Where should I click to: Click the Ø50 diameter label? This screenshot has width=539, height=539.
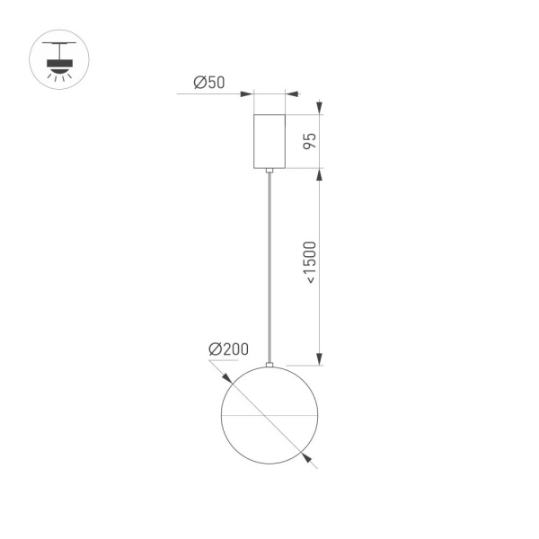[208, 84]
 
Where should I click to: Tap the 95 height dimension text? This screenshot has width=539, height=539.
[308, 141]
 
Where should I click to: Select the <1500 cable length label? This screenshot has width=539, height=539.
[309, 263]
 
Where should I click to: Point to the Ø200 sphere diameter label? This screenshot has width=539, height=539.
[228, 349]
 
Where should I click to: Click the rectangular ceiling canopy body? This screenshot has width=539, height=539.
[269, 141]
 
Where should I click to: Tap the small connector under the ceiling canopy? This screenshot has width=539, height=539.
[269, 170]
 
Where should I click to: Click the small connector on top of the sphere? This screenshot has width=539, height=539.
[269, 365]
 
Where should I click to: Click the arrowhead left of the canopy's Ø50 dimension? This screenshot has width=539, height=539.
[248, 93]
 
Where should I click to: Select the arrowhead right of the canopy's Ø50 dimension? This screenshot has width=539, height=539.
[291, 93]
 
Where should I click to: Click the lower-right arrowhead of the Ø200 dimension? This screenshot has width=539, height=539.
[309, 460]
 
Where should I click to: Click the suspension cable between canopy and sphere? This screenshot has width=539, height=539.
[269, 269]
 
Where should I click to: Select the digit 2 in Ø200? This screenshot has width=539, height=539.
[223, 349]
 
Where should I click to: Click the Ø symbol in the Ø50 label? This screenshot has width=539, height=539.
[199, 84]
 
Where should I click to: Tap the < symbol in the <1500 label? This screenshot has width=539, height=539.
[309, 280]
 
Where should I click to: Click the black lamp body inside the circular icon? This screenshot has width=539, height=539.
[59, 63]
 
